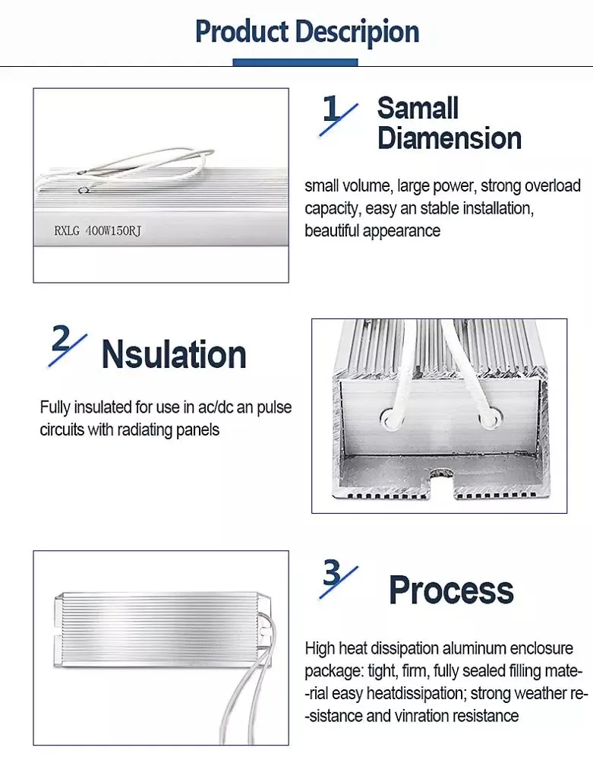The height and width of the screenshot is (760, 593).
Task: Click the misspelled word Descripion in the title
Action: coord(357,32)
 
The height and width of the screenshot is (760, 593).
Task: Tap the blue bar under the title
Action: coord(295,62)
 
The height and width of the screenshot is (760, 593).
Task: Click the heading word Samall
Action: coord(418,108)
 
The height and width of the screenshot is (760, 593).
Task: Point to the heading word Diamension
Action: coord(449,138)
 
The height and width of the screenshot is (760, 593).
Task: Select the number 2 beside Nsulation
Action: coord(61,340)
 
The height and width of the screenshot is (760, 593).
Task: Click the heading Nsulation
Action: coord(174,354)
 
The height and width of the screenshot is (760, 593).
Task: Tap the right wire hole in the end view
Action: coord(487,416)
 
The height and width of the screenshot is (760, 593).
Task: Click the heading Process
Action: coord(451,590)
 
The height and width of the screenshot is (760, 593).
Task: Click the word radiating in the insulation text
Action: coord(131,429)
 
